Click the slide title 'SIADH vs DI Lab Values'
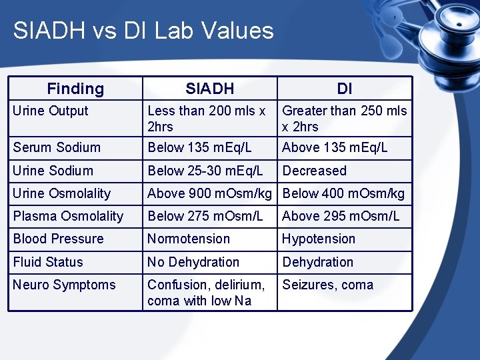tap(143, 31)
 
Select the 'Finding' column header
tap(75, 89)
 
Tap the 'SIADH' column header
tap(210, 89)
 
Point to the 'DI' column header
tap(345, 89)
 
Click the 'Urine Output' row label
tap(51, 111)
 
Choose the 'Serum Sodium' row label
tap(57, 148)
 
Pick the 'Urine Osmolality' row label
tap(62, 193)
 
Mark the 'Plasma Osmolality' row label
tap(68, 216)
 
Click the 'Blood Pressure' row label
tap(59, 239)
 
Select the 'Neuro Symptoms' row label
tap(64, 285)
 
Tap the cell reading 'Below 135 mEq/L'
tap(199, 148)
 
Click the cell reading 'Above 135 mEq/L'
tap(335, 148)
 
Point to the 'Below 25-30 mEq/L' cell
tap(205, 171)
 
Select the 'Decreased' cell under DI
tap(314, 171)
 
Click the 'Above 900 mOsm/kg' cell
tap(209, 193)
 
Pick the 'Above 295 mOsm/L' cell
tap(341, 216)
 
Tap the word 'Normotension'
tap(189, 239)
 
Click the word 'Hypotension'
tap(319, 239)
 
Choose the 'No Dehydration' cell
tap(193, 262)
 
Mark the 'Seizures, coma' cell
tap(327, 285)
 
